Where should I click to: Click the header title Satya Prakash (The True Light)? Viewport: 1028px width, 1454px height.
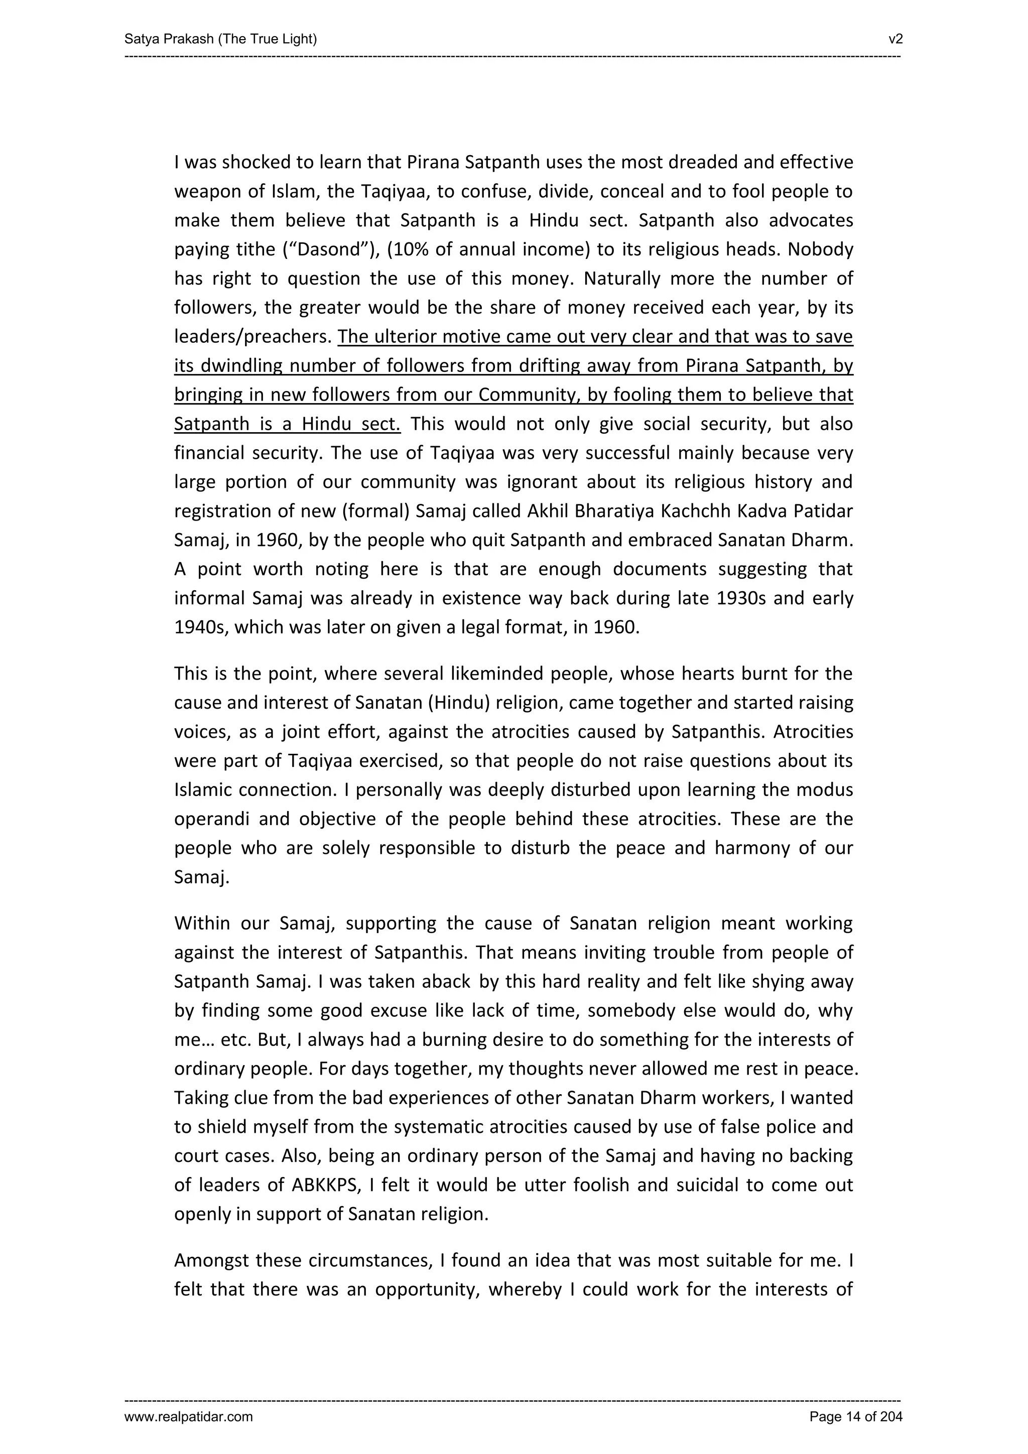click(220, 39)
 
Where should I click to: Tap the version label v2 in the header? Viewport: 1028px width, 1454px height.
click(895, 39)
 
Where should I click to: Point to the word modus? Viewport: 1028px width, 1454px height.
click(826, 790)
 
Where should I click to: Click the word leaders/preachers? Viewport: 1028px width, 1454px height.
click(252, 337)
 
